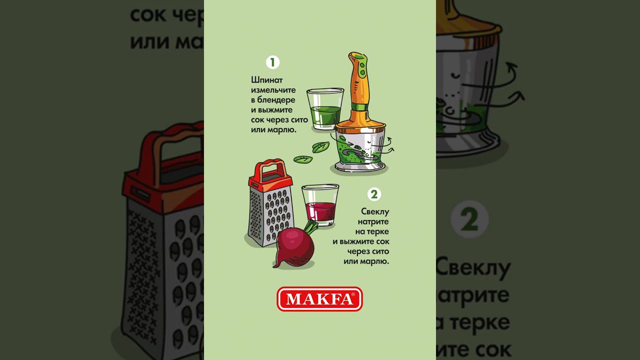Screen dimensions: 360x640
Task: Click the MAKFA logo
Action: tap(319, 299)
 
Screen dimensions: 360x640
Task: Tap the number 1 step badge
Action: tap(272, 62)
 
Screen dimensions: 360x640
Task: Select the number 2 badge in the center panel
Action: tap(373, 194)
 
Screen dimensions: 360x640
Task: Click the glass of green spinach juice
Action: tap(325, 109)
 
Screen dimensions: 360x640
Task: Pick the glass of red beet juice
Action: tap(320, 205)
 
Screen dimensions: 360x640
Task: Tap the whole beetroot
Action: tap(295, 247)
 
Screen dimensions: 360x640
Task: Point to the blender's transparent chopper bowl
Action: tap(360, 147)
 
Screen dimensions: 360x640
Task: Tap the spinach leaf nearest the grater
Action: tap(302, 159)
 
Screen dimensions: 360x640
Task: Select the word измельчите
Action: tap(273, 90)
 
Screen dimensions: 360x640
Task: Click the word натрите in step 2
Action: tap(373, 222)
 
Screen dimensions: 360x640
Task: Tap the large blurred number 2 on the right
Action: tap(469, 219)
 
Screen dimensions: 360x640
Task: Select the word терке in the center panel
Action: tap(379, 232)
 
